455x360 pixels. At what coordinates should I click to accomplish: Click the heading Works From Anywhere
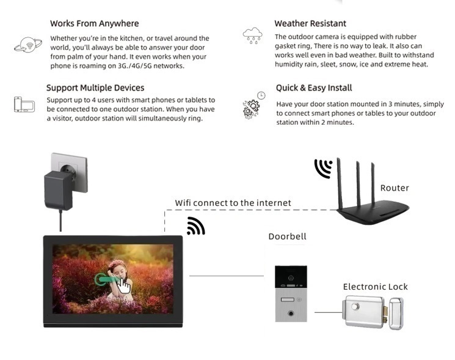click(94, 23)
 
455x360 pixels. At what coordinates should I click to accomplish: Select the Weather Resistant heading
click(310, 23)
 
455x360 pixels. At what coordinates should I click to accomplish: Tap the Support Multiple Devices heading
click(95, 87)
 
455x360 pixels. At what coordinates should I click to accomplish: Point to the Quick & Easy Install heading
click(314, 87)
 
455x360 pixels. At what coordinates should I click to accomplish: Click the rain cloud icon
click(252, 35)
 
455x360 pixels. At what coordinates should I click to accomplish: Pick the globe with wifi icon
click(28, 45)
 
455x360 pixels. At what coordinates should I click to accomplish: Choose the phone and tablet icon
click(24, 105)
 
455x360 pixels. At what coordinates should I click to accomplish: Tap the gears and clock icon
click(254, 105)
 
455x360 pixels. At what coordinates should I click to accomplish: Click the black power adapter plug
click(59, 190)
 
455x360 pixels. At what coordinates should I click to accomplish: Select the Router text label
click(395, 188)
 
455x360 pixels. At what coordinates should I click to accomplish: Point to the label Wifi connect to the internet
click(233, 203)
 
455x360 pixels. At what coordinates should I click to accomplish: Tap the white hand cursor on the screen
click(124, 285)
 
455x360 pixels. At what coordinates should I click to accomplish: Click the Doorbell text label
click(287, 237)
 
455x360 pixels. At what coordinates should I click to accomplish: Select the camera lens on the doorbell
click(291, 278)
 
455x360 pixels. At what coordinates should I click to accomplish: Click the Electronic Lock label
click(375, 287)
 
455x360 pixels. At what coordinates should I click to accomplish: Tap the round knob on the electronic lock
click(355, 306)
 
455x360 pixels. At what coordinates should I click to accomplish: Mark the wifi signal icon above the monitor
click(196, 226)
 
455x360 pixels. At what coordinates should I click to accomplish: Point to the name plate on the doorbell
click(287, 299)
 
